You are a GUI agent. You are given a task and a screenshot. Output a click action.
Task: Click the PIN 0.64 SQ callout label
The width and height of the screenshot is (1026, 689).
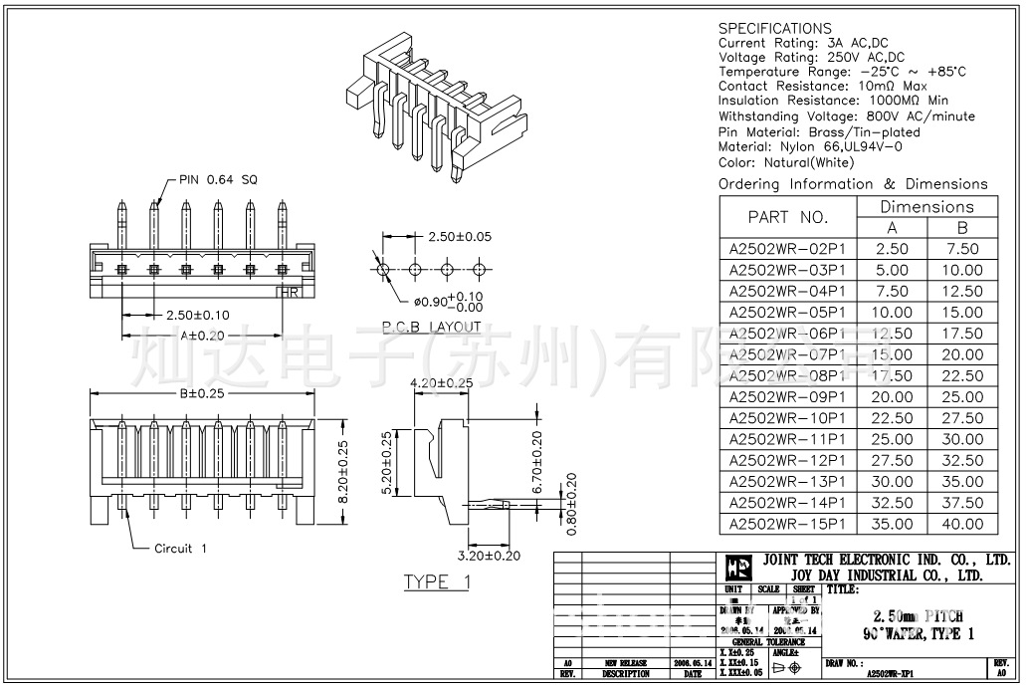click(217, 179)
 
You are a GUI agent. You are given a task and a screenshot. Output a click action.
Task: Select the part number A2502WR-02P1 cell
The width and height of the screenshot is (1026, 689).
click(787, 249)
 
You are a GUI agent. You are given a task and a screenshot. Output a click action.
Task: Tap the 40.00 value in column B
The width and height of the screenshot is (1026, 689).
click(961, 524)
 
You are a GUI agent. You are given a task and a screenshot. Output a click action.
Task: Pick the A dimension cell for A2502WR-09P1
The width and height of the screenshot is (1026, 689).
click(892, 396)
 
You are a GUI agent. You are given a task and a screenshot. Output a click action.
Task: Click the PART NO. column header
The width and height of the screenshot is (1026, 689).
click(787, 217)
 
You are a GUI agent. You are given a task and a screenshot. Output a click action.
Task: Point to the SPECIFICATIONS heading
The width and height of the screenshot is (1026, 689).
click(774, 28)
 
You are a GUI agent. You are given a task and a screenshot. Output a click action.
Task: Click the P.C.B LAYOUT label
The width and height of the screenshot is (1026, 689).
click(431, 327)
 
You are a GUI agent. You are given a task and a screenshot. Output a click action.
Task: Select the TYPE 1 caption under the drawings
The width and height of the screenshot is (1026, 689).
click(436, 582)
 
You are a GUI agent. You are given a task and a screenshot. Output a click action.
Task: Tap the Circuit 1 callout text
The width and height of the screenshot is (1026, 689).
click(180, 549)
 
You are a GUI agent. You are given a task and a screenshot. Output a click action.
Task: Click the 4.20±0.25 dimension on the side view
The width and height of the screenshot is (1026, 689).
click(441, 382)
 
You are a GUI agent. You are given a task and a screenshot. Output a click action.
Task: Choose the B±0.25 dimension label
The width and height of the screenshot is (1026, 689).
click(203, 393)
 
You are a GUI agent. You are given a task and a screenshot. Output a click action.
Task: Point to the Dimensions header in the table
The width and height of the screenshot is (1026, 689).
click(926, 207)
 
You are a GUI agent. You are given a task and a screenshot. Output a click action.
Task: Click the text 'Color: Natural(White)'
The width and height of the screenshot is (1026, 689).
click(786, 162)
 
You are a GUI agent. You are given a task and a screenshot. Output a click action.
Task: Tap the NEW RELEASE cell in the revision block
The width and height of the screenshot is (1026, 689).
click(626, 662)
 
